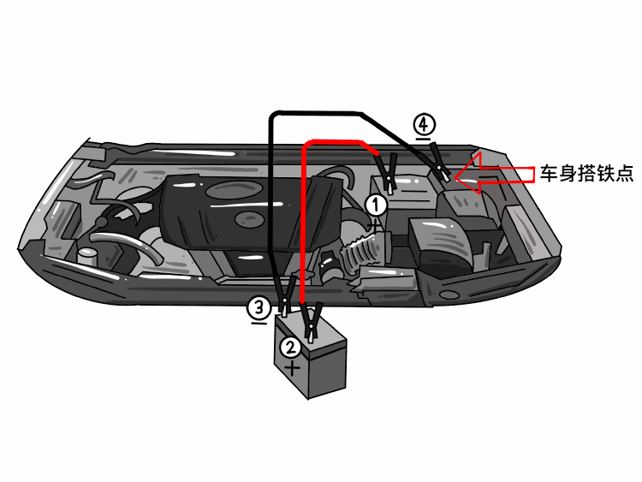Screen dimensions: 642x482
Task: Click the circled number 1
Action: (x=377, y=205)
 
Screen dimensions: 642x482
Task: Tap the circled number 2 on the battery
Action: (x=291, y=347)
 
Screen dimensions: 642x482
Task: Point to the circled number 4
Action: (x=424, y=124)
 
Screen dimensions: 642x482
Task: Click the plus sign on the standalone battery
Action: (x=293, y=369)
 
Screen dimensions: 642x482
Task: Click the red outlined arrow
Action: (x=493, y=175)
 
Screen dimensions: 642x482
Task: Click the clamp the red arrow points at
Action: (x=440, y=163)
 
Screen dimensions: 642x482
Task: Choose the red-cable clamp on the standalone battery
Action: (x=312, y=320)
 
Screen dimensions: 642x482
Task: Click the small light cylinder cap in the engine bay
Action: (x=87, y=256)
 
